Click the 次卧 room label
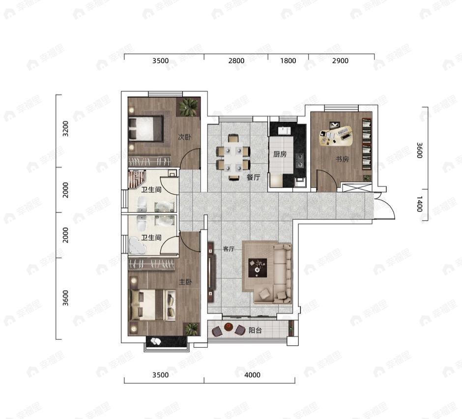point(184,137)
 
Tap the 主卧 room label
point(185,282)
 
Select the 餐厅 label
point(253,177)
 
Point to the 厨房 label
point(280,154)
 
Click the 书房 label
point(342,159)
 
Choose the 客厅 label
point(229,249)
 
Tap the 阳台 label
point(255,330)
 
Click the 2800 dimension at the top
point(236,61)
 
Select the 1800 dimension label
point(288,61)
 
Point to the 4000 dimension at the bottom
point(252,375)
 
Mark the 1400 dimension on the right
point(420,204)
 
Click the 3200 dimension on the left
point(65,128)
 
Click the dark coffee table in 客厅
point(258,268)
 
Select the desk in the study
point(336,136)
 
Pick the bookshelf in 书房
point(367,144)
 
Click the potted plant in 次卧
point(188,107)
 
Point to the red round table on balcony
point(229,327)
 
